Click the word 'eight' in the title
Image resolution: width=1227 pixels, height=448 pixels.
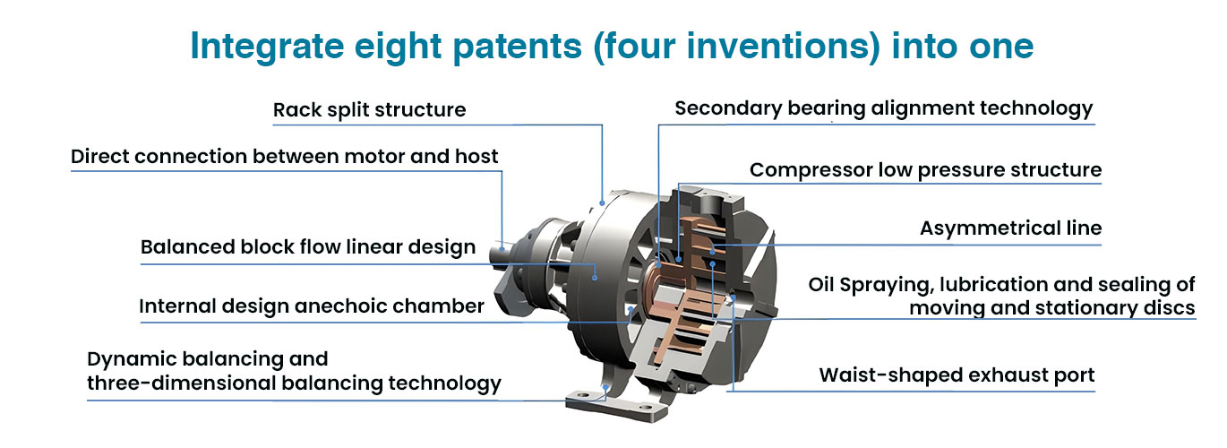click(398, 47)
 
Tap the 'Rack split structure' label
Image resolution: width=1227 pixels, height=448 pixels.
click(369, 110)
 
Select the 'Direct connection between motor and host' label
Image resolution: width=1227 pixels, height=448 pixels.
click(284, 156)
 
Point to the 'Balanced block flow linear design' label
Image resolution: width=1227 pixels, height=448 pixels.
click(308, 247)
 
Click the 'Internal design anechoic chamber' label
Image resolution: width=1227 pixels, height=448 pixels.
click(312, 306)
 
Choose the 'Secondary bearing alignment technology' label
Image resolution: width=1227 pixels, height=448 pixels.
click(884, 108)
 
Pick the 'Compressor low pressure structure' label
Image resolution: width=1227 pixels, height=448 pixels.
click(926, 170)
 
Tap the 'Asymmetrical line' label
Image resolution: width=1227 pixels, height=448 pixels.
click(1010, 228)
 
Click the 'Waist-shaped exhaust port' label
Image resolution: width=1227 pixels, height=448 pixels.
click(957, 375)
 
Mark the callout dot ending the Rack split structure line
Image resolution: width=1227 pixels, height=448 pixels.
click(602, 202)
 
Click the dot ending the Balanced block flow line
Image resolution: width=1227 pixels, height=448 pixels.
click(595, 278)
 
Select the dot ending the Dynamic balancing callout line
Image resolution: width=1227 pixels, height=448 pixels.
click(606, 387)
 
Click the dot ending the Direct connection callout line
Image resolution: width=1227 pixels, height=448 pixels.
click(502, 249)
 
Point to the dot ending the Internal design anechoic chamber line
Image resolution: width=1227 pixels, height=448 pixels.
click(631, 309)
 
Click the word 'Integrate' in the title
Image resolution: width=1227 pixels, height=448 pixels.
click(267, 47)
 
